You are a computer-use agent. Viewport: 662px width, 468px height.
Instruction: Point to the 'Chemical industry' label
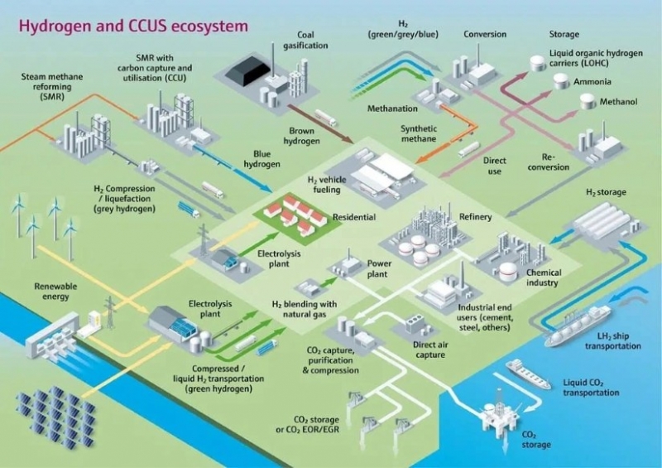click(x=543, y=277)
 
